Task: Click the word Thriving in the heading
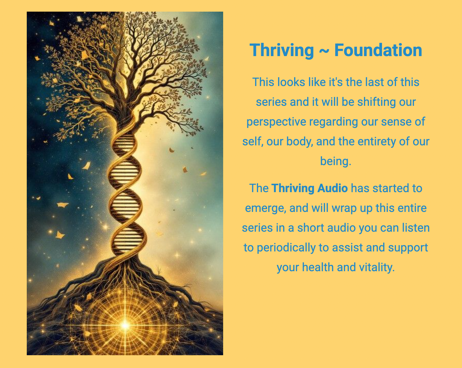(x=282, y=50)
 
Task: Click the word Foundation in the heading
(x=378, y=50)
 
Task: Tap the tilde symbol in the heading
(x=324, y=51)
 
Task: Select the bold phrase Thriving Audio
(x=309, y=188)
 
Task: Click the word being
(x=335, y=161)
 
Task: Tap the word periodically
(x=286, y=248)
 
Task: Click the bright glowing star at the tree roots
(x=125, y=325)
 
